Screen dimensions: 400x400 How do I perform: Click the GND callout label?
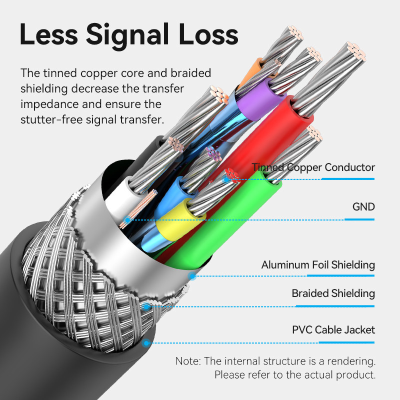[363, 206]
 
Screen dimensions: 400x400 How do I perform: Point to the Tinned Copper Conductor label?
[313, 167]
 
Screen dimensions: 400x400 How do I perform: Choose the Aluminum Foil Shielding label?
[318, 264]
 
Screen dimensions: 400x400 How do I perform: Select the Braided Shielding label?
[333, 293]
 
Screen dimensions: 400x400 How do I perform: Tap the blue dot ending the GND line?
[128, 219]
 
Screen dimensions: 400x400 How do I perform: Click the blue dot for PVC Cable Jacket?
[146, 343]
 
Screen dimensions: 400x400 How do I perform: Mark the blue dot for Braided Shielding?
[146, 306]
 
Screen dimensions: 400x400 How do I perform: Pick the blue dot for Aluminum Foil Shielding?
[191, 276]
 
